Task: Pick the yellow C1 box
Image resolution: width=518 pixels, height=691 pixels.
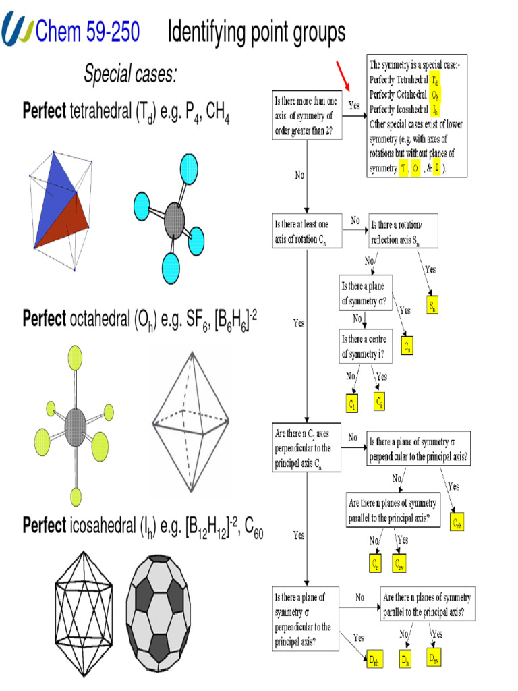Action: [x=353, y=402]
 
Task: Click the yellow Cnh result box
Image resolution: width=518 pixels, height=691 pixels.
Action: [x=458, y=522]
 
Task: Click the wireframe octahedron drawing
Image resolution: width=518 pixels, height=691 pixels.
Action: [x=188, y=424]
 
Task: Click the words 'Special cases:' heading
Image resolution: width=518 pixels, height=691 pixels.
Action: [x=130, y=75]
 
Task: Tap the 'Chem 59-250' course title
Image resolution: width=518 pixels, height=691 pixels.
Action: [x=88, y=30]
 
